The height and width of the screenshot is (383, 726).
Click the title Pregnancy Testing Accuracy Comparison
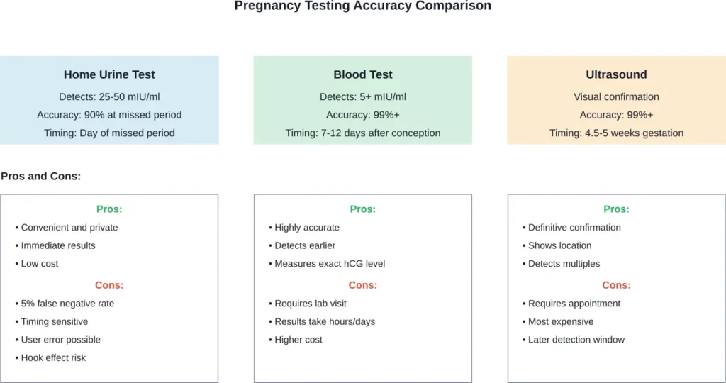coord(362,6)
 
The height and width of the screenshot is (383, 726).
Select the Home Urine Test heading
coord(109,74)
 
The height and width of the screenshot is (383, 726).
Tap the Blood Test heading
coord(363,74)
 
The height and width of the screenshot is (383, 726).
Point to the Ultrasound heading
coord(616,74)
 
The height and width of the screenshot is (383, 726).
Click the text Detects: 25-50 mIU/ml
coord(109,96)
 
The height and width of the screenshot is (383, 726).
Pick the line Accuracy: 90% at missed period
coord(109,115)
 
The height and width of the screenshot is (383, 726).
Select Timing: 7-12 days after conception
coord(363,133)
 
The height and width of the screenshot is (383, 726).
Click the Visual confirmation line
coord(616,96)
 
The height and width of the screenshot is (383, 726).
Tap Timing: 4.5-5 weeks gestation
coord(616,133)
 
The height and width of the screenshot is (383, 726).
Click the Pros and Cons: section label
coord(40,176)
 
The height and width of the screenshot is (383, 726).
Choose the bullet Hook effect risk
coord(53,358)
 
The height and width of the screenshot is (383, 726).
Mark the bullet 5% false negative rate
coord(67,304)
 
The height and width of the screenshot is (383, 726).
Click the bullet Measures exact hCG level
coord(330,264)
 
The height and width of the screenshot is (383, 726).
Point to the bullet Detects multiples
coord(564,264)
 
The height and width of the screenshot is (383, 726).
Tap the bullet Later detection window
coord(576,340)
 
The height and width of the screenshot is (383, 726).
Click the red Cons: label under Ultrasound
coord(616,285)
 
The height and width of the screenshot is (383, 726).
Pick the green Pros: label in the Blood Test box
coord(363,209)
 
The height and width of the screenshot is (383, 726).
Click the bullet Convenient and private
coord(69,228)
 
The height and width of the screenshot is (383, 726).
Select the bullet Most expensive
coord(561,321)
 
